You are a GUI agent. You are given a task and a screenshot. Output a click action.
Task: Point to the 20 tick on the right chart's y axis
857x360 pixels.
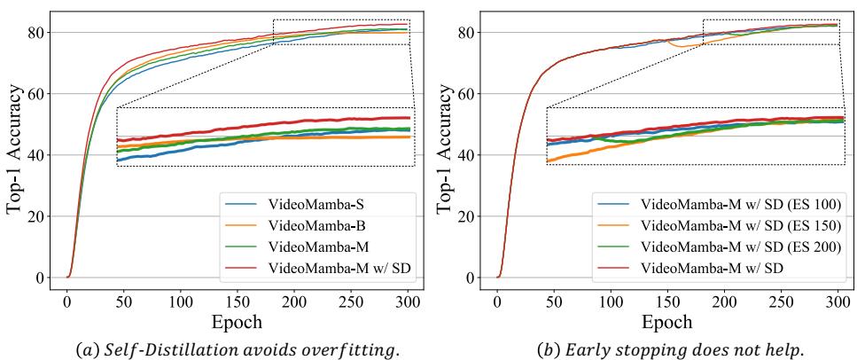coord(472,215)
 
